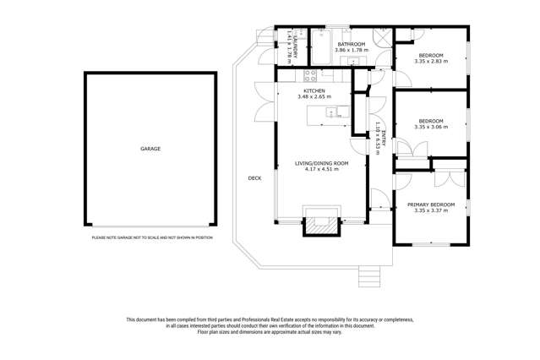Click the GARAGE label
pos(150,149)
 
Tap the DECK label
pos(254,178)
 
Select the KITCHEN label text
pos(314,90)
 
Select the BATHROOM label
pos(351,44)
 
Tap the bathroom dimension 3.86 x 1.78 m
pos(351,51)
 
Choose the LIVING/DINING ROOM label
pos(321,162)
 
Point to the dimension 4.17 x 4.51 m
pos(321,169)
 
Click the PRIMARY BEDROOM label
pos(431,205)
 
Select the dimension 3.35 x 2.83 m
pos(431,61)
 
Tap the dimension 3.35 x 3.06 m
pos(431,128)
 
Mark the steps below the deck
pos(369,276)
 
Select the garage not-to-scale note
pos(152,237)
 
